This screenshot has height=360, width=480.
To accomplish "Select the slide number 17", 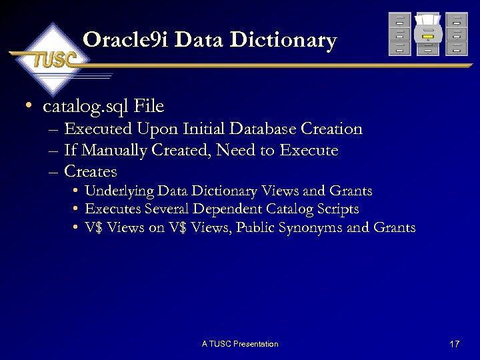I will click(455, 344).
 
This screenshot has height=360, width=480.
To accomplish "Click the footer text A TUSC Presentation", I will click(240, 344).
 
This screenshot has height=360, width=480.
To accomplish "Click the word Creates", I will click(91, 171).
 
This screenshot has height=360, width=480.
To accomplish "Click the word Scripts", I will click(337, 209).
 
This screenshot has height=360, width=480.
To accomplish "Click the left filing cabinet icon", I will click(399, 34).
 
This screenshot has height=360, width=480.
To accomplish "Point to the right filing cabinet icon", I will click(457, 34).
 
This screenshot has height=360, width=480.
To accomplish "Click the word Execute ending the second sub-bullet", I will click(309, 151).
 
